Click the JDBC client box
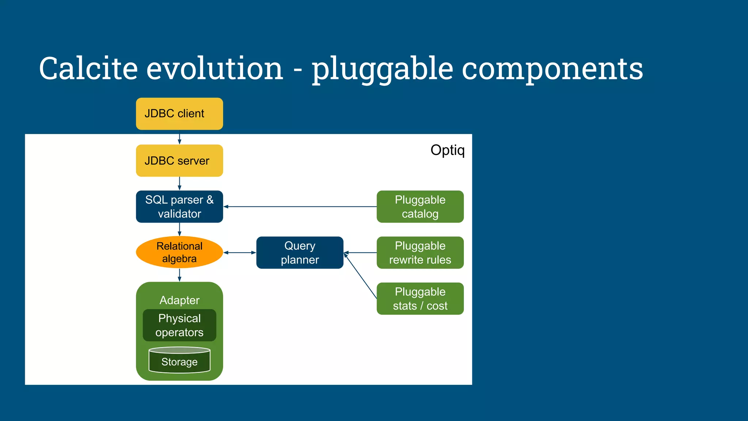[x=179, y=114]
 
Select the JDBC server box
[x=179, y=161]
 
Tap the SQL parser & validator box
[x=179, y=206]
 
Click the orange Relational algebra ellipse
[x=179, y=252]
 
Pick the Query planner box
[x=299, y=253]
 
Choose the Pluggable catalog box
[x=420, y=206]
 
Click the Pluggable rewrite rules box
[x=420, y=253]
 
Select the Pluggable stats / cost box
[x=420, y=299]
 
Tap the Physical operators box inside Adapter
[x=179, y=325]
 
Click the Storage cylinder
[x=179, y=361]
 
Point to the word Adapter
[x=179, y=300]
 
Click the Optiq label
[x=447, y=150]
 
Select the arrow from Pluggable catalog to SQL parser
[x=299, y=206]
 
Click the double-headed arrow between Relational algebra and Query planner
[x=240, y=253]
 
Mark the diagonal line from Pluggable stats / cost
[x=360, y=276]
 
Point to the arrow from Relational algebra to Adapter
[x=179, y=275]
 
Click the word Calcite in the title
[x=88, y=68]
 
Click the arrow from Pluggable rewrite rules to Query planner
[x=360, y=253]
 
